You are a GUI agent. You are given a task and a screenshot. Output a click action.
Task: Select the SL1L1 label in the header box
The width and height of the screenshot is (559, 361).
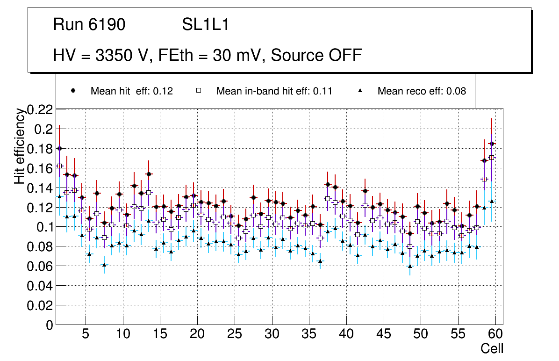pyautogui.click(x=206, y=25)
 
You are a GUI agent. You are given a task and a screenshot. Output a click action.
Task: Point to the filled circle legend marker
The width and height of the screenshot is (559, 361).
pyautogui.click(x=73, y=91)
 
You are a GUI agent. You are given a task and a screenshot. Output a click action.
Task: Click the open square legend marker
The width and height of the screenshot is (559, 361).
pyautogui.click(x=198, y=91)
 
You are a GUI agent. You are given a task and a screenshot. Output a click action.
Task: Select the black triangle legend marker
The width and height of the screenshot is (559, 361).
pyautogui.click(x=360, y=91)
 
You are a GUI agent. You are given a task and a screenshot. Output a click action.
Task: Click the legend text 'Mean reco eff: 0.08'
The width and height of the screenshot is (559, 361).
pyautogui.click(x=422, y=91)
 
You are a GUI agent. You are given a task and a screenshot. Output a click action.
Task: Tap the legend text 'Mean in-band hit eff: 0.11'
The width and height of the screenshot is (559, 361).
pyautogui.click(x=274, y=91)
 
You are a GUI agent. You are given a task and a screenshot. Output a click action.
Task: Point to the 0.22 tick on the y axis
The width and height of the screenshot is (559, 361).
pyautogui.click(x=41, y=109)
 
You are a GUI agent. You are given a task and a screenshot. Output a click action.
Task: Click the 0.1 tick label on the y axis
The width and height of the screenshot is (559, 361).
pyautogui.click(x=44, y=227)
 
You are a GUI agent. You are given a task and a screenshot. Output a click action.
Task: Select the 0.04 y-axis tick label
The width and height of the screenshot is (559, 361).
pyautogui.click(x=41, y=286)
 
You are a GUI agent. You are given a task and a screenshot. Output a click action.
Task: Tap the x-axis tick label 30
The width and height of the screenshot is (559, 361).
pyautogui.click(x=272, y=335)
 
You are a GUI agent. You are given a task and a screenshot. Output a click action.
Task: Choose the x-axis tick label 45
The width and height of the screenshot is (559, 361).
pyautogui.click(x=383, y=335)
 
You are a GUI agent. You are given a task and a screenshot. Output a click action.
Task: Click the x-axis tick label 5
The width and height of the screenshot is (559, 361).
pyautogui.click(x=85, y=335)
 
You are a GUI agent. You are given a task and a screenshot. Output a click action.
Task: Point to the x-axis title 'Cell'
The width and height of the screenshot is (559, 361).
pyautogui.click(x=492, y=348)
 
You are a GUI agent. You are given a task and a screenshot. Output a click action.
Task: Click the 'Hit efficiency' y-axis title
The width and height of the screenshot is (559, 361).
pyautogui.click(x=19, y=146)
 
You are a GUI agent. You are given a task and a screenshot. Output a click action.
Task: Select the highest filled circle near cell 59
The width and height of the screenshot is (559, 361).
pyautogui.click(x=492, y=144)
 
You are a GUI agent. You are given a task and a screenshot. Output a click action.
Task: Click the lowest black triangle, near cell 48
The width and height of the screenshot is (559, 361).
pyautogui.click(x=410, y=266)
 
